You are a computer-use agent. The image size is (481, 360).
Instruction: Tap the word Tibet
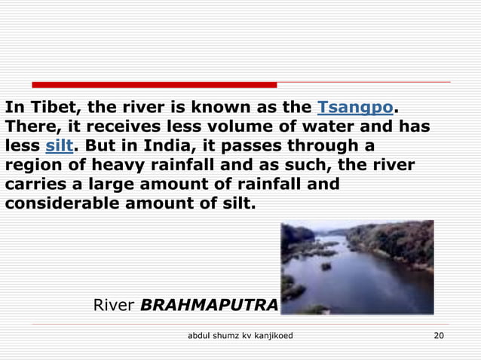[x=45, y=105]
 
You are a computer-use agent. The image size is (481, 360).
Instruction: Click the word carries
[x=31, y=184]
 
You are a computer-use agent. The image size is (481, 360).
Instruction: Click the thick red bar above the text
[x=154, y=84]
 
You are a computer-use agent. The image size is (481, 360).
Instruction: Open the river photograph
[x=357, y=267]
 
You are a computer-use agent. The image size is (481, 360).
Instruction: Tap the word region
[x=32, y=164]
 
